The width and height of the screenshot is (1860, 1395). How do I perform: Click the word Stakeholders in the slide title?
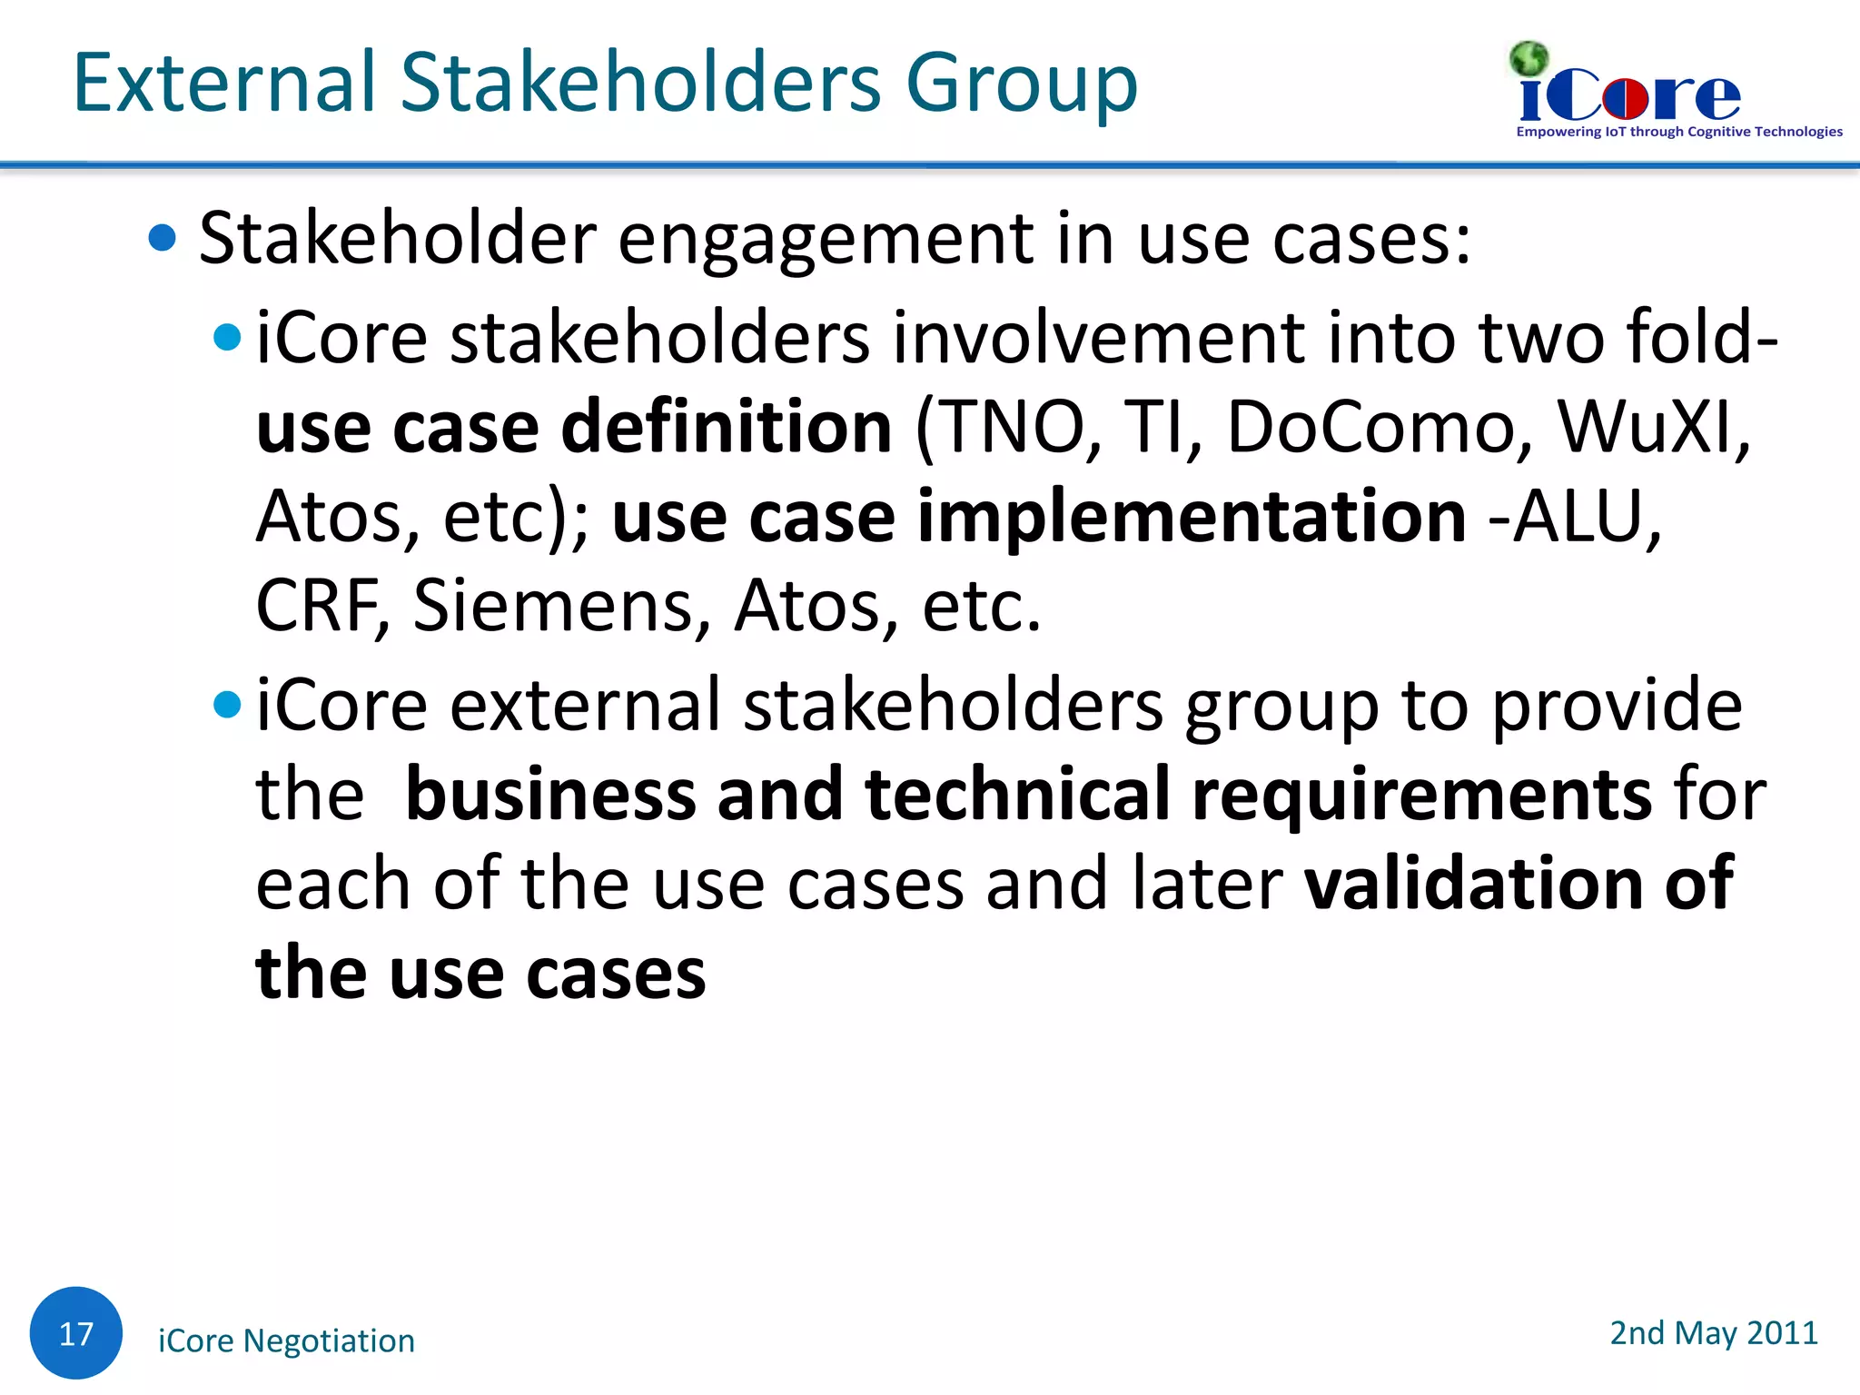click(x=641, y=83)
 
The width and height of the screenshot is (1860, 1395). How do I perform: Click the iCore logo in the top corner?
click(x=1630, y=96)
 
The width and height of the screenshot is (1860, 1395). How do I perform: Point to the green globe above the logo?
click(x=1529, y=59)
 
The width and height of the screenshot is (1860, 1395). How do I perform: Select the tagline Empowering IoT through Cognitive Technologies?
click(x=1678, y=132)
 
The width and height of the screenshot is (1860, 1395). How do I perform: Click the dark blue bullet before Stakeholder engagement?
click(x=162, y=238)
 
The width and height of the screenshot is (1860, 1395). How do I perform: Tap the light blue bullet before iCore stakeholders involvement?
click(x=226, y=338)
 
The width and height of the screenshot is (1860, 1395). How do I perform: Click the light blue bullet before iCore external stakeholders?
click(x=226, y=704)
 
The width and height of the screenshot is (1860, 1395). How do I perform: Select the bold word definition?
click(x=727, y=427)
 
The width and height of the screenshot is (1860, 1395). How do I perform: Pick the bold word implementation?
click(x=1192, y=517)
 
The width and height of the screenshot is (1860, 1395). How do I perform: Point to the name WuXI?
click(x=1651, y=427)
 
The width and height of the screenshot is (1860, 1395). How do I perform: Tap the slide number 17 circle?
click(x=76, y=1332)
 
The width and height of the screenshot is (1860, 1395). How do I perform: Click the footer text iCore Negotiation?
click(x=286, y=1341)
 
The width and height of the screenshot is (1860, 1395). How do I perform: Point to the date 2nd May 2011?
click(x=1713, y=1332)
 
